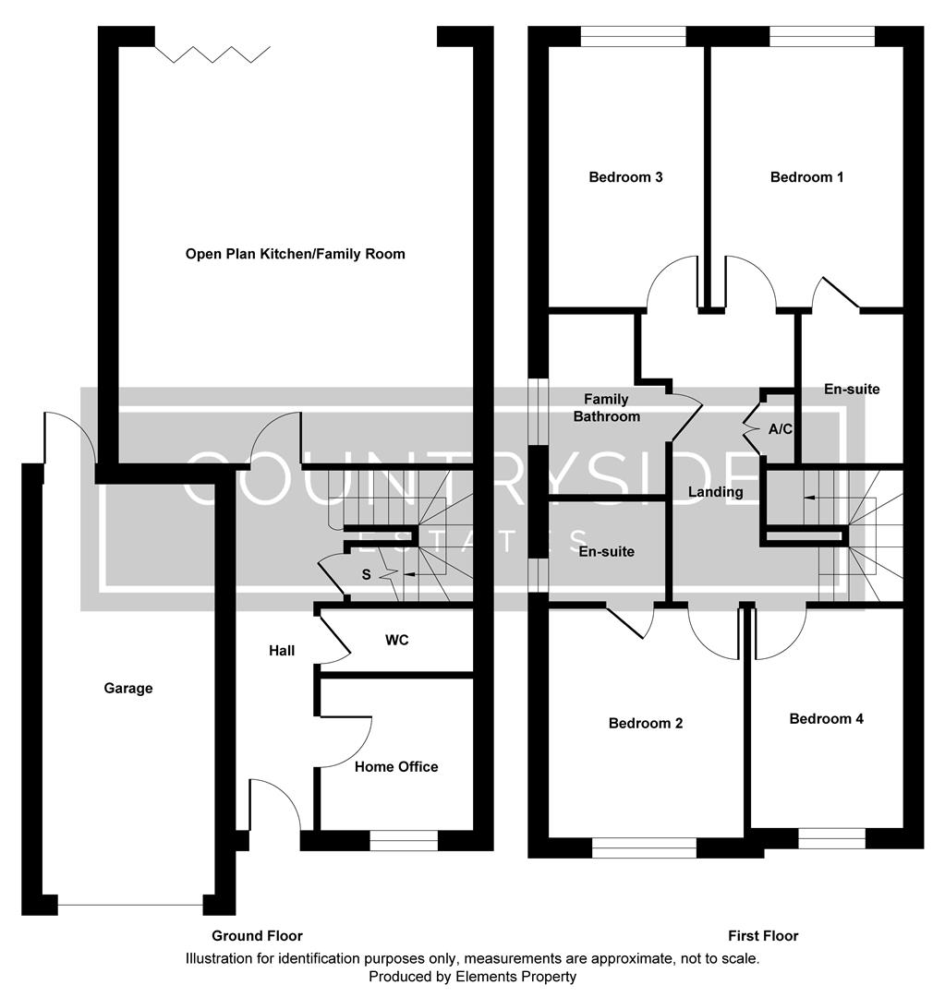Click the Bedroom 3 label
tap(625, 177)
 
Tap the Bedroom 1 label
tap(806, 177)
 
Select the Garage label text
tap(128, 689)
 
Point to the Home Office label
tap(396, 767)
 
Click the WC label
tap(397, 639)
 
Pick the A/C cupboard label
tap(780, 430)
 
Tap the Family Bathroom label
tap(606, 408)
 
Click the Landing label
tap(715, 492)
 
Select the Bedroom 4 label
tap(826, 719)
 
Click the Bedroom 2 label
tap(645, 724)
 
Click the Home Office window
tap(404, 840)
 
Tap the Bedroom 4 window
tap(831, 838)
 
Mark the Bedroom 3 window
tap(634, 36)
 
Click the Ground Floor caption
tap(257, 936)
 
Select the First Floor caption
tap(762, 936)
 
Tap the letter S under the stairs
tap(366, 575)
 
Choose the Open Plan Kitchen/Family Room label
tap(295, 254)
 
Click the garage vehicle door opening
tap(129, 906)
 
